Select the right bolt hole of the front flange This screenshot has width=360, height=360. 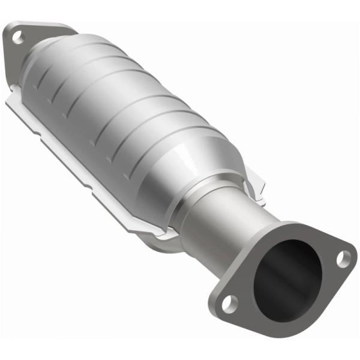click(343, 259)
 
